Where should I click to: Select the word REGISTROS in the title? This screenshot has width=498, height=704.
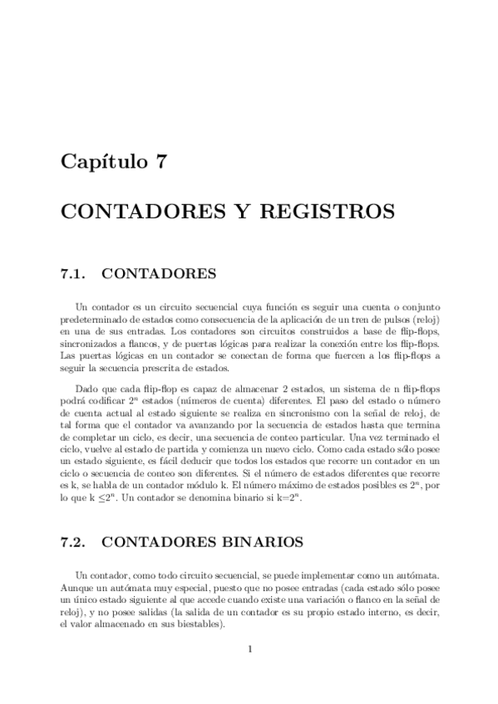point(333,212)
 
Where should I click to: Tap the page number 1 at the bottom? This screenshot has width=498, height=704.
point(249,648)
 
